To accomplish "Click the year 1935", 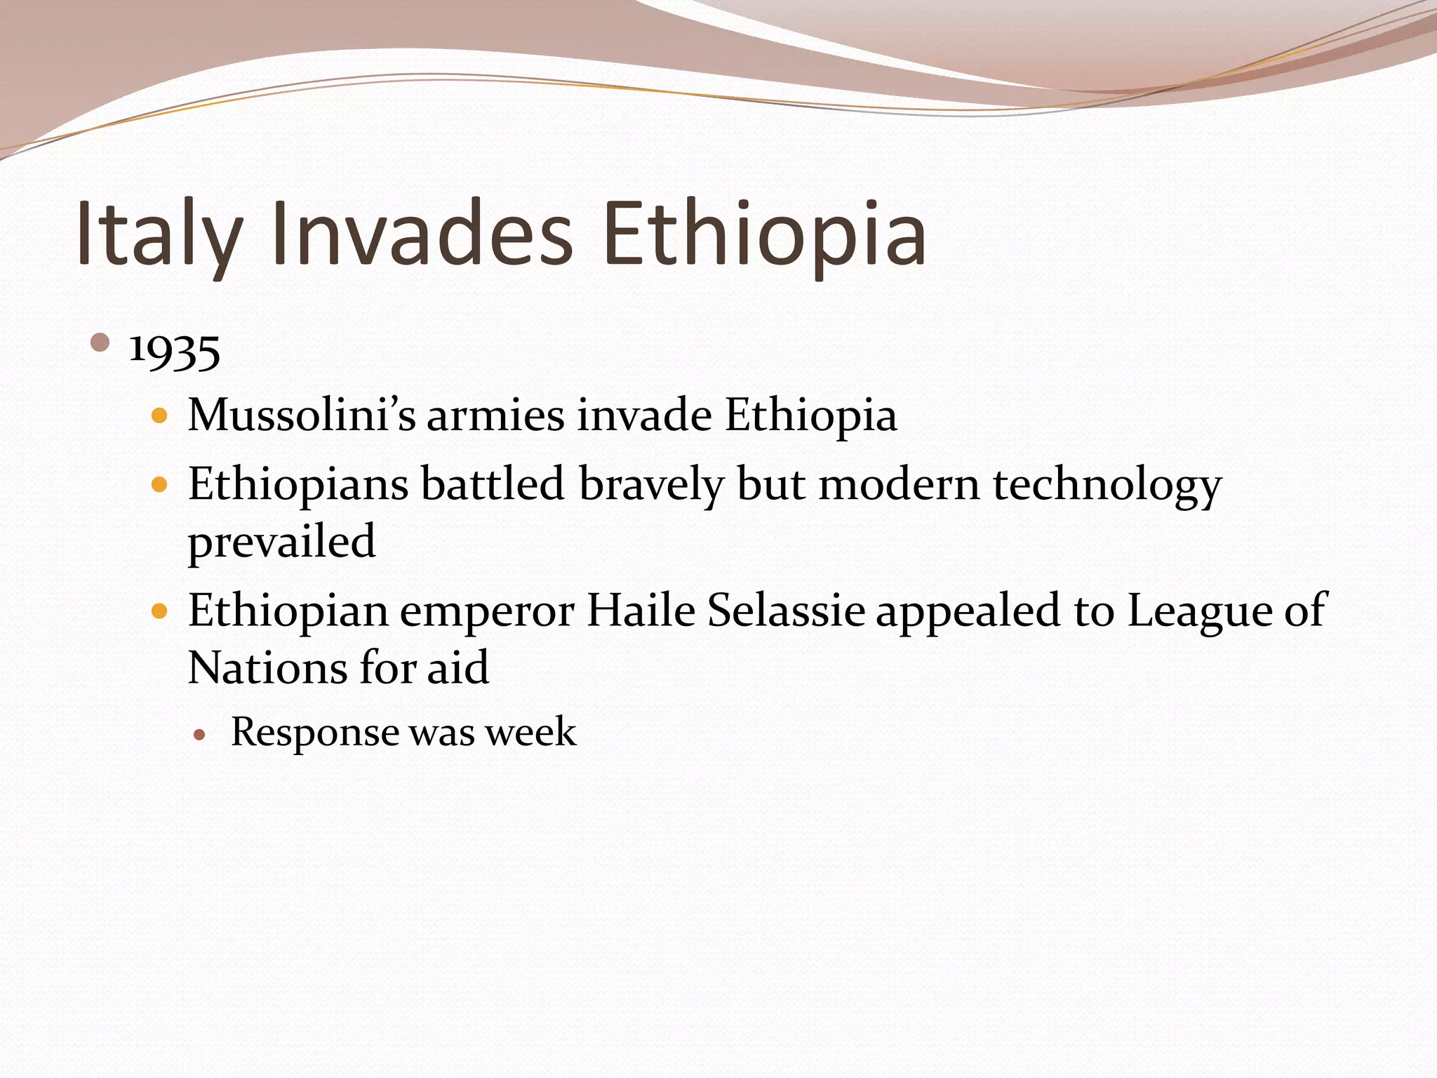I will [175, 351].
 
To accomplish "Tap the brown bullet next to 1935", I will [100, 343].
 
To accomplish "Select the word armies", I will [495, 415].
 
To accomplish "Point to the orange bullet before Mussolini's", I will [160, 415].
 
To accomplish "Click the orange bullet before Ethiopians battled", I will [160, 485].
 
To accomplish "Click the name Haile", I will [640, 610].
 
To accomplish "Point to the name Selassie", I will [785, 610].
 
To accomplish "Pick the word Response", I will [314, 732].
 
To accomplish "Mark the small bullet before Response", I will [200, 735].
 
